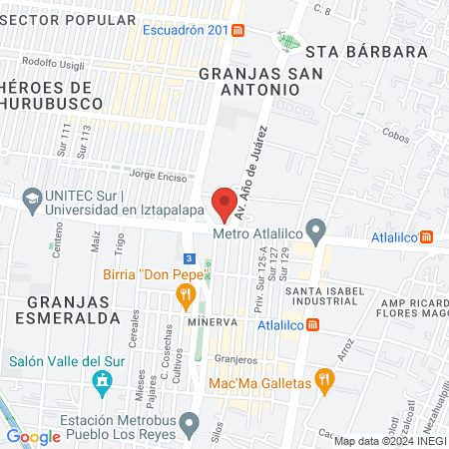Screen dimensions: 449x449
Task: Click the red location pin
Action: point(225,203)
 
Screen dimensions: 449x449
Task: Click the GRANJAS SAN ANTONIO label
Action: point(249,81)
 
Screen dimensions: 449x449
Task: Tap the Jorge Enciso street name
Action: point(151,176)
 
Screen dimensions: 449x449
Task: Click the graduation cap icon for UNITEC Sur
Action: point(31,199)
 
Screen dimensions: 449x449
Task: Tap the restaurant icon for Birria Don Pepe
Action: point(185,294)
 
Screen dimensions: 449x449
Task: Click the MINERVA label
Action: point(210,323)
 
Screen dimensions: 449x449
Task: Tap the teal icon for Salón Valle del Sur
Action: point(101,381)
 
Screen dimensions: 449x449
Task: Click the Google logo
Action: point(34,436)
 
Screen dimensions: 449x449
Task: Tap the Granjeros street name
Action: point(234,359)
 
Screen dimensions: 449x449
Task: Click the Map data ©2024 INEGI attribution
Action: point(389,441)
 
